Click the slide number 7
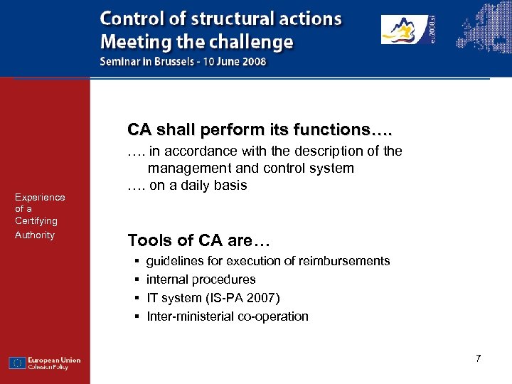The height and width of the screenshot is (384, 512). pyautogui.click(x=479, y=358)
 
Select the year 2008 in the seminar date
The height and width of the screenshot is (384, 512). pyautogui.click(x=252, y=61)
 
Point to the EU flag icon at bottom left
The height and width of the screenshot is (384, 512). pyautogui.click(x=18, y=363)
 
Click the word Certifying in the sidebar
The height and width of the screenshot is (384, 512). pyautogui.click(x=36, y=221)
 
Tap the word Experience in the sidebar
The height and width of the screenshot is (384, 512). pyautogui.click(x=40, y=197)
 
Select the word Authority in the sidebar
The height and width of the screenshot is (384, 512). pyautogui.click(x=34, y=235)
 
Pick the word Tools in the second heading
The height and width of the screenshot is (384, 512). pyautogui.click(x=147, y=240)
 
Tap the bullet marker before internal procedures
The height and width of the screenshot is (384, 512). pyautogui.click(x=135, y=279)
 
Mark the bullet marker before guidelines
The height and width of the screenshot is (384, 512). pyautogui.click(x=135, y=261)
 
